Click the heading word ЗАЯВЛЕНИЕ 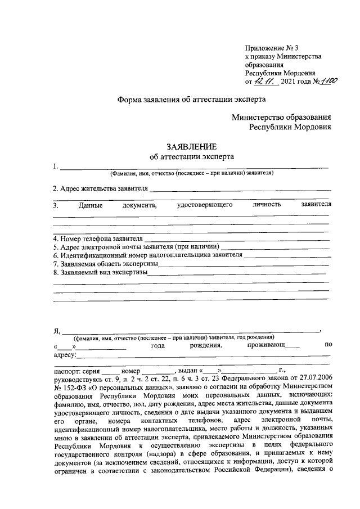point(191,146)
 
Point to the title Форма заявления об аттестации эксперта point(191,98)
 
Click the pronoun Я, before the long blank point(56,331)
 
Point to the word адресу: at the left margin point(65,355)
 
